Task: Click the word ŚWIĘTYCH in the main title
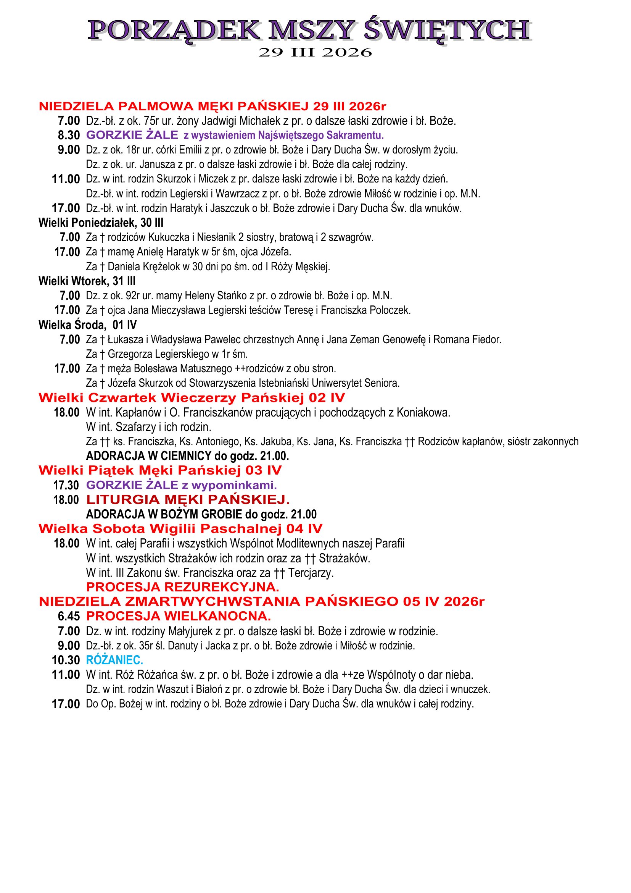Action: click(x=447, y=30)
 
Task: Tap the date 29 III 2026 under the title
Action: click(x=315, y=53)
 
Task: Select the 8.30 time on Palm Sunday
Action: click(x=69, y=136)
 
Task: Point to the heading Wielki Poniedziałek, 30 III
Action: click(x=101, y=223)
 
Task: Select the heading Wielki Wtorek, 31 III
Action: click(x=87, y=281)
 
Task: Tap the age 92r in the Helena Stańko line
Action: click(x=132, y=296)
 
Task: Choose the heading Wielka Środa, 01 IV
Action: click(x=87, y=325)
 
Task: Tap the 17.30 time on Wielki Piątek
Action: click(x=66, y=485)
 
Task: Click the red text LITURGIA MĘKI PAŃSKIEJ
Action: click(x=188, y=500)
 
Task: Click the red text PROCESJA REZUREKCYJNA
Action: click(x=182, y=587)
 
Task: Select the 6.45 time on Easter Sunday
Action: click(x=69, y=617)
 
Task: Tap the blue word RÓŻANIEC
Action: click(x=114, y=660)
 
